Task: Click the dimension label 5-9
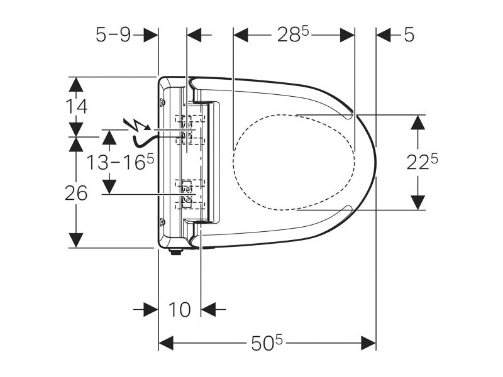click(113, 35)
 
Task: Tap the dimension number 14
click(76, 106)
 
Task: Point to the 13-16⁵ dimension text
click(119, 163)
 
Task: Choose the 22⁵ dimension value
click(421, 162)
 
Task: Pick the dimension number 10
click(179, 309)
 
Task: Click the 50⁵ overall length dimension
click(268, 343)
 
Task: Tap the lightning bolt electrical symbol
click(133, 125)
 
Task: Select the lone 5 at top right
click(409, 35)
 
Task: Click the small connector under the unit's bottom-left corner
click(176, 253)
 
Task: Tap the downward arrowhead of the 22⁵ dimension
click(416, 203)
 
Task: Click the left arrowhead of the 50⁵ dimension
click(165, 343)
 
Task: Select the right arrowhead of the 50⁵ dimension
click(369, 343)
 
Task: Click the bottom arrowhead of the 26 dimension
click(76, 240)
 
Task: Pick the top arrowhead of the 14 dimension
click(76, 84)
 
